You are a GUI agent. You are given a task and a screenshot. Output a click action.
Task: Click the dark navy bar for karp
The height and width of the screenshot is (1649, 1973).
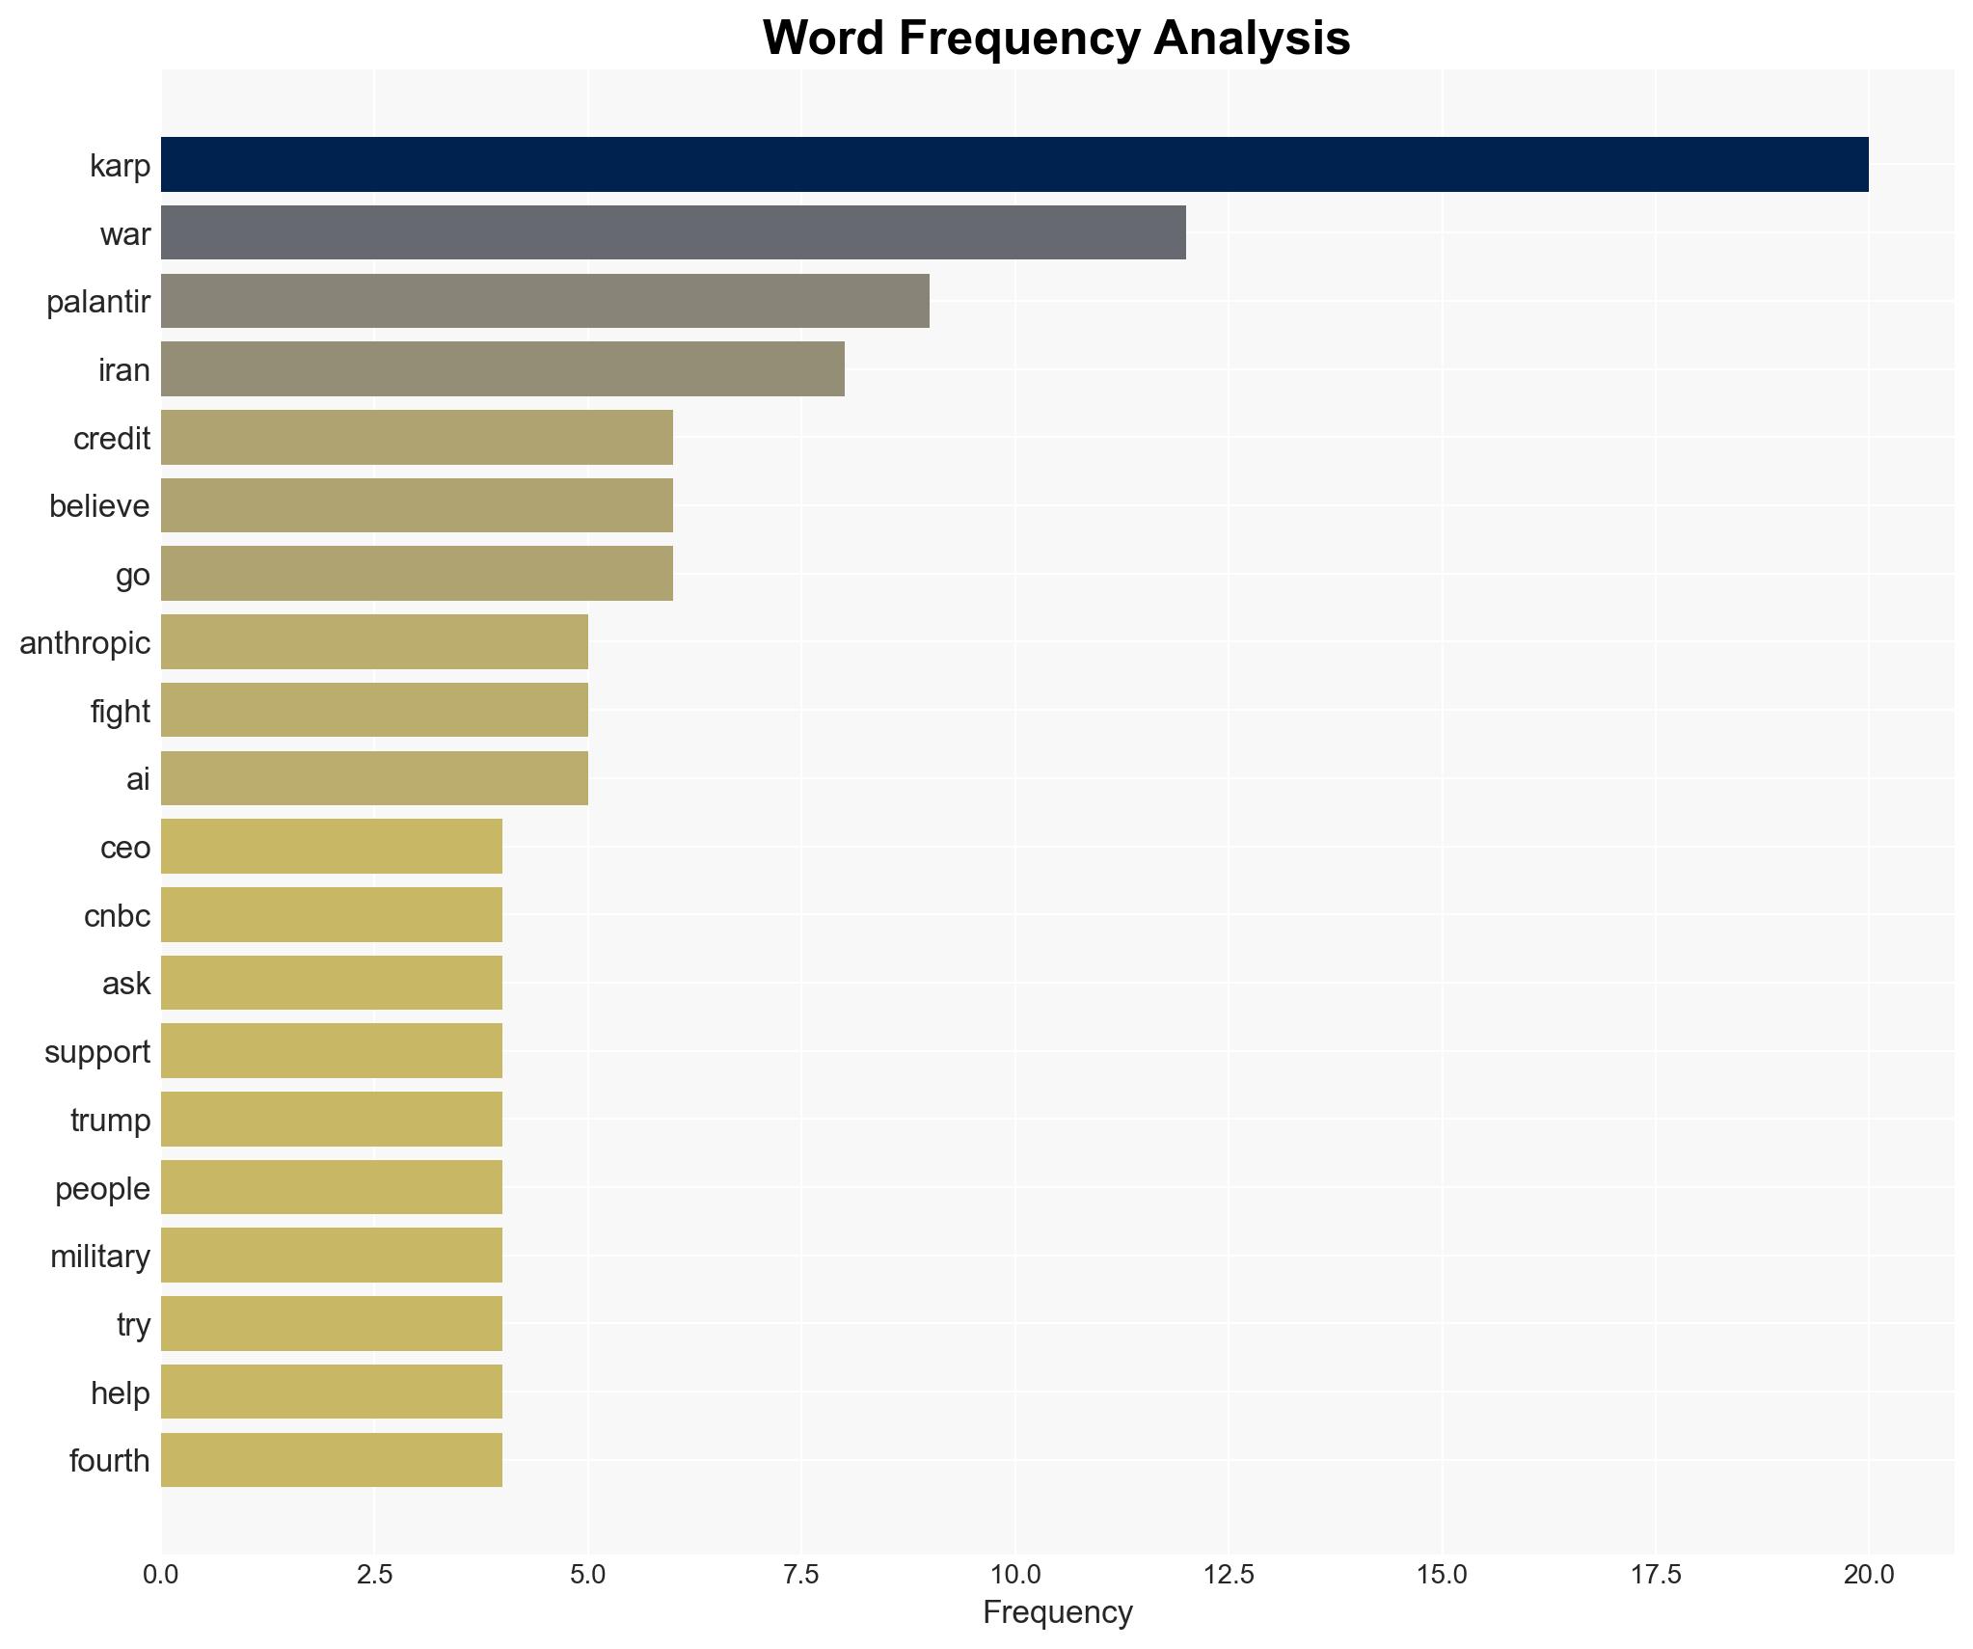[x=1014, y=164]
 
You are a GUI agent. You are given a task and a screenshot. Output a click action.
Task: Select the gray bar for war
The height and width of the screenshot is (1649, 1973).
[x=673, y=232]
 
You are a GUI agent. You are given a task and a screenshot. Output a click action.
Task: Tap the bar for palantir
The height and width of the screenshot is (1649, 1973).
[x=545, y=301]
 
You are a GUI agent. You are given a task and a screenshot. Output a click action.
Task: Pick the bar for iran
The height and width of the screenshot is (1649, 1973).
[x=502, y=368]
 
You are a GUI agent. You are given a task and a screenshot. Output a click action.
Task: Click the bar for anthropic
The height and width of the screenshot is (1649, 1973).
[x=374, y=641]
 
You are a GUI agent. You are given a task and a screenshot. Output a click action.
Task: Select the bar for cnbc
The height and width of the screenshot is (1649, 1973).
[x=332, y=914]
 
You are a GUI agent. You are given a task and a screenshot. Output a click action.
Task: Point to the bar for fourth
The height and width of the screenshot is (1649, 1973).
[x=332, y=1460]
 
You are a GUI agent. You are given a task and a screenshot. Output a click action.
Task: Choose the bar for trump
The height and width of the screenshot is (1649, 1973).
[x=332, y=1119]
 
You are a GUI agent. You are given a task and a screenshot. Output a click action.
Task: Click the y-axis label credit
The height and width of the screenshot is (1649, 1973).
[x=112, y=439]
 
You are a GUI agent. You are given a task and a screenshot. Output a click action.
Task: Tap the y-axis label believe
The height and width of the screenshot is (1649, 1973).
[x=99, y=506]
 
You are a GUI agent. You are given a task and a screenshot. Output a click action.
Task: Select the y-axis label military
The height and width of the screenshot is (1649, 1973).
[x=100, y=1257]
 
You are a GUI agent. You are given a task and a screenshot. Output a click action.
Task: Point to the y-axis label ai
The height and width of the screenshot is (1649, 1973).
[x=138, y=779]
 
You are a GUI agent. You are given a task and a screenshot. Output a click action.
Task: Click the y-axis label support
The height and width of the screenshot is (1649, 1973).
[x=97, y=1052]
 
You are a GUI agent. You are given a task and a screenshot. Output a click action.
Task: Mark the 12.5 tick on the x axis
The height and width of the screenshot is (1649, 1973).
[x=1229, y=1575]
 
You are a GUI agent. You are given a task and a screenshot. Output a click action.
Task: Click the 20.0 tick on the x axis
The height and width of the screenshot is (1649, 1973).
[x=1869, y=1575]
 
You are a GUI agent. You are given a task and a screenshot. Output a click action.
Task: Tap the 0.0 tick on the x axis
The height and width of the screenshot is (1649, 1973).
[x=161, y=1575]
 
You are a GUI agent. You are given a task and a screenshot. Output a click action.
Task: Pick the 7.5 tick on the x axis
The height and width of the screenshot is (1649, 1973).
[x=801, y=1575]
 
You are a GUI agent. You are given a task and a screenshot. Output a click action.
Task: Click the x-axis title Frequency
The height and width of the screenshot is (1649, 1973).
[x=1057, y=1612]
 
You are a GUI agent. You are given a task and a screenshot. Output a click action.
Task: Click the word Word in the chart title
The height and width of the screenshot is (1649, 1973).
[x=823, y=39]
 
